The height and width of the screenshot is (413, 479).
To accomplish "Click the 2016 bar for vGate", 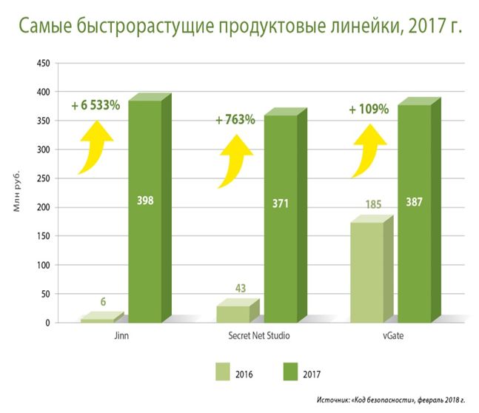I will pos(368,270).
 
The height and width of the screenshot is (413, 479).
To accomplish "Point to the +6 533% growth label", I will pos(96,105).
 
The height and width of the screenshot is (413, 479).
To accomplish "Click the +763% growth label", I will pos(235,119).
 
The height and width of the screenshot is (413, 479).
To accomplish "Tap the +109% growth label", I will pos(368,109).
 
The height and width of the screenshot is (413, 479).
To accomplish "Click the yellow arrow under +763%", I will pos(236,151).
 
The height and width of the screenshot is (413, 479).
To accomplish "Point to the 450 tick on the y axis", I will pos(43,63).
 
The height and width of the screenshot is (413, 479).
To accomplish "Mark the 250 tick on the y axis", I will pos(43,178).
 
